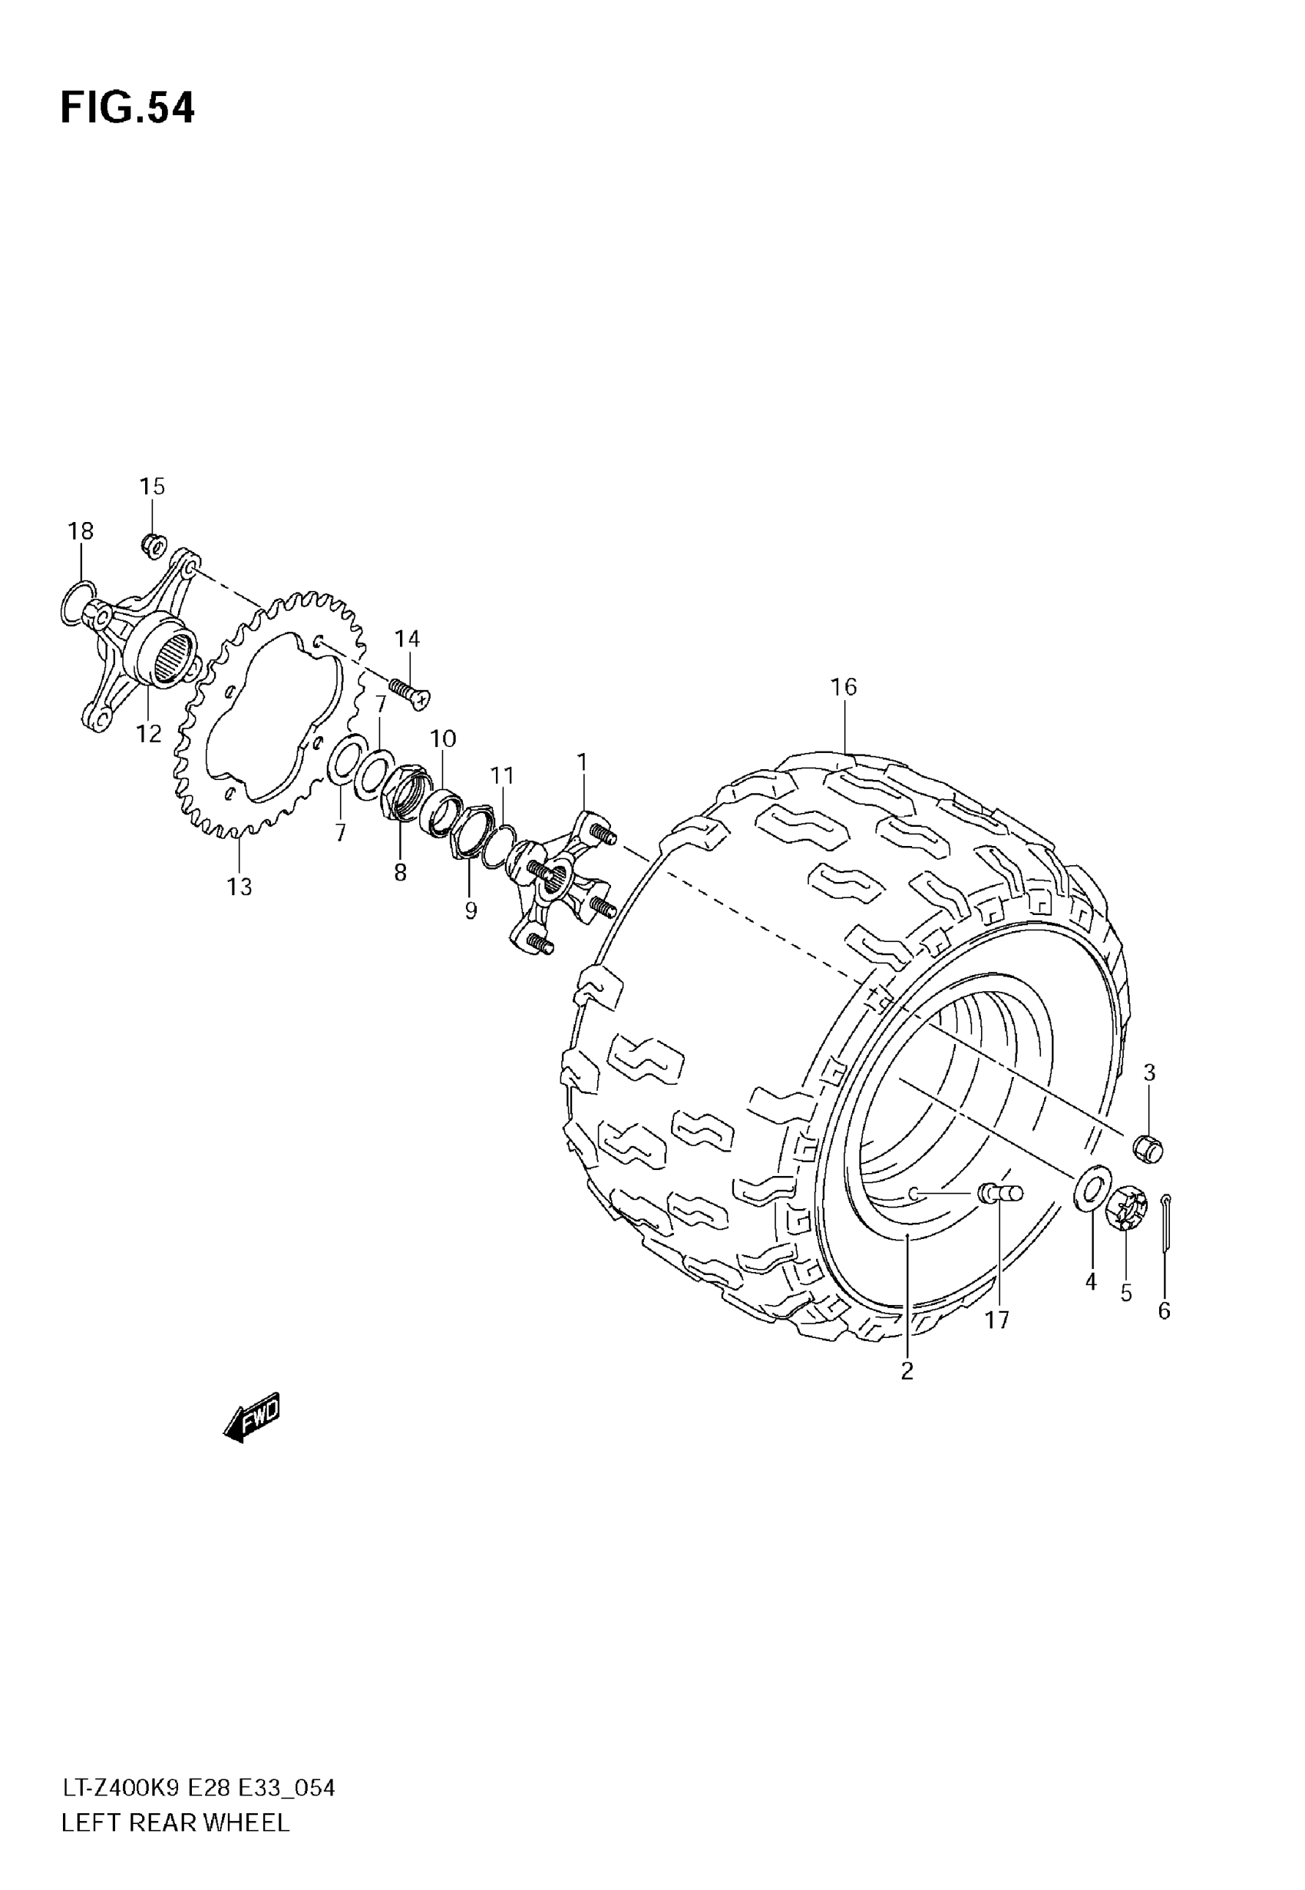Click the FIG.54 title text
click(x=127, y=108)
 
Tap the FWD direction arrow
click(x=253, y=1416)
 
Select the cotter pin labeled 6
click(x=1165, y=1224)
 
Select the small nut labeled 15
click(x=153, y=544)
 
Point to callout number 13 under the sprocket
click(x=240, y=886)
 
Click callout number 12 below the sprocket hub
click(x=149, y=733)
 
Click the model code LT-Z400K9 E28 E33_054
click(x=198, y=1789)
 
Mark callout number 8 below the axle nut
click(x=400, y=873)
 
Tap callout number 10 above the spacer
click(x=443, y=738)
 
